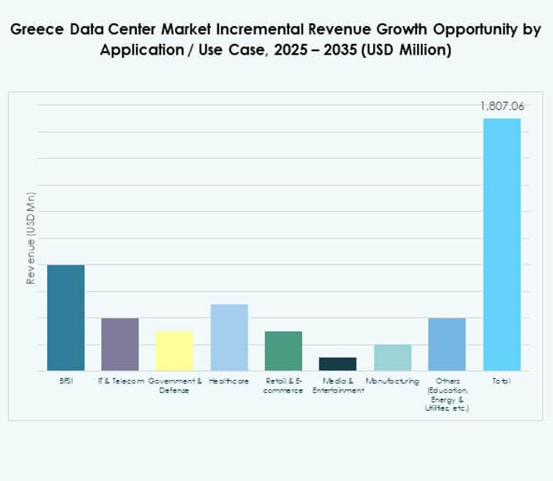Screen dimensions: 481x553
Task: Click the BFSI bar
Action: [x=65, y=317]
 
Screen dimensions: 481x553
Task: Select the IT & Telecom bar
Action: [x=120, y=344]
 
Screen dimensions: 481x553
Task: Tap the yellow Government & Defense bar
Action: [x=174, y=351]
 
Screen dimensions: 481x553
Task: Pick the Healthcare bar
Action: [x=229, y=337]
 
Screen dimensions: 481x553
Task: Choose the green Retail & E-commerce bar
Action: [x=283, y=351]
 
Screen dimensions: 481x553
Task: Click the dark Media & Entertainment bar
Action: [x=337, y=364]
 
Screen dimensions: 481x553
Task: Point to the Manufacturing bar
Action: [x=392, y=357]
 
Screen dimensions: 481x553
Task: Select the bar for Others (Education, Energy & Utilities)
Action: [x=446, y=344]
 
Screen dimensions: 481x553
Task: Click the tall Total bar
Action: [x=501, y=244]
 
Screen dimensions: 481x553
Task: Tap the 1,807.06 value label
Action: [x=501, y=107]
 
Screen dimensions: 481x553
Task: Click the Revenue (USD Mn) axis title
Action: [x=31, y=238]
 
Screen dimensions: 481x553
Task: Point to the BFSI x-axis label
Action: [x=65, y=381]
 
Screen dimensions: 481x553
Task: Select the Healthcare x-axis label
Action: [x=229, y=381]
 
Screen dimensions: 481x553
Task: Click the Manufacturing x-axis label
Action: [x=392, y=381]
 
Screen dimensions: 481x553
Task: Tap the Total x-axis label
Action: [x=501, y=381]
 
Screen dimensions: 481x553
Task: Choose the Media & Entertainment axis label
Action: [x=337, y=386]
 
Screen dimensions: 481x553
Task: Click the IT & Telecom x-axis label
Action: [x=121, y=381]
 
